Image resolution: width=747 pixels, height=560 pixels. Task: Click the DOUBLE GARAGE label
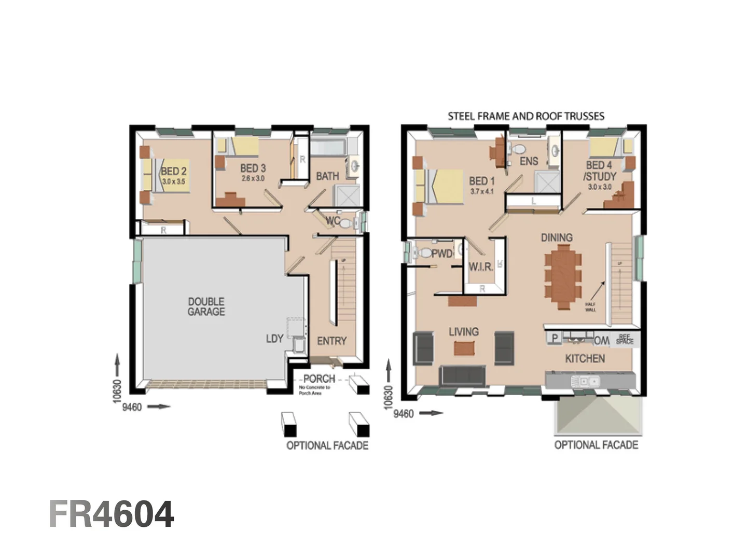pyautogui.click(x=206, y=306)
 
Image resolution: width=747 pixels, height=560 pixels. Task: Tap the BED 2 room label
pyautogui.click(x=173, y=171)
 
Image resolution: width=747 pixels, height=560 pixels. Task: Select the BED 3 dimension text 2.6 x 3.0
pyautogui.click(x=253, y=178)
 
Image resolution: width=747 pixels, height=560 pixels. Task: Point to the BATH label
pyautogui.click(x=327, y=176)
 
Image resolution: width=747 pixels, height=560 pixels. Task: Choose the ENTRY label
pyautogui.click(x=331, y=341)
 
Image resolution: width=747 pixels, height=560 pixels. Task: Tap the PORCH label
pyautogui.click(x=319, y=379)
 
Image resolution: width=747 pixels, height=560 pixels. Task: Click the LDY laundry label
pyautogui.click(x=274, y=339)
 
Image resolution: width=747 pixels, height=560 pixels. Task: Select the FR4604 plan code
pyautogui.click(x=112, y=514)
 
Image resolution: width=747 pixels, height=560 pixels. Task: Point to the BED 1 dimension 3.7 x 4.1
pyautogui.click(x=482, y=191)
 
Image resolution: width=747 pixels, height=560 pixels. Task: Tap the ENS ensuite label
pyautogui.click(x=529, y=161)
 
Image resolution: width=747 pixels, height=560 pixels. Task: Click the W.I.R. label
pyautogui.click(x=480, y=267)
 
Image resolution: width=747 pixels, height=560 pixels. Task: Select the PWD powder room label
pyautogui.click(x=442, y=254)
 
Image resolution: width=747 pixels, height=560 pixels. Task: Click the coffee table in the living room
pyautogui.click(x=464, y=348)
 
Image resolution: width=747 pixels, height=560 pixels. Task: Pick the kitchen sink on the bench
pyautogui.click(x=585, y=382)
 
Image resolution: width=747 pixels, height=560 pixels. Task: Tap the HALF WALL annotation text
pyautogui.click(x=590, y=307)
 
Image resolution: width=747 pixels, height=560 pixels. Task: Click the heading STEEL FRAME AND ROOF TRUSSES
pyautogui.click(x=526, y=116)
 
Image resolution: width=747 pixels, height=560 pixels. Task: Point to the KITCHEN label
pyautogui.click(x=585, y=358)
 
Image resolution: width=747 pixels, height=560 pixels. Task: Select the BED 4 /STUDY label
pyautogui.click(x=599, y=171)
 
